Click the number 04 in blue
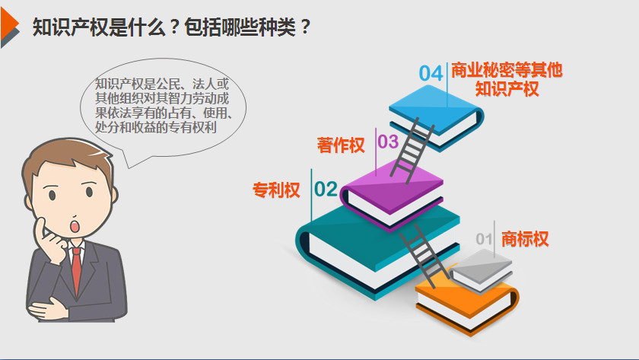click(431, 73)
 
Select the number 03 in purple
click(388, 142)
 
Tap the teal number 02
click(326, 189)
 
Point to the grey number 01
click(485, 239)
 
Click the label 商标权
click(525, 239)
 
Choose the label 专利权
click(277, 190)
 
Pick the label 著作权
click(341, 145)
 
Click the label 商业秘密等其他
click(507, 71)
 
